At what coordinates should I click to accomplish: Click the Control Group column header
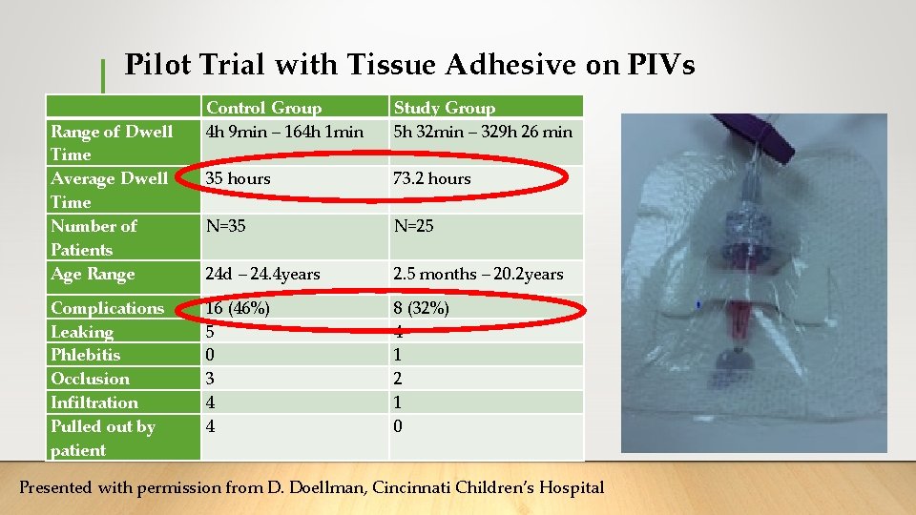click(x=263, y=108)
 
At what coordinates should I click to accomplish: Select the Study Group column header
click(x=444, y=108)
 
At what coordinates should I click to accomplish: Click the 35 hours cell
click(x=238, y=178)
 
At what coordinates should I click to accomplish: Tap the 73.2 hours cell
click(x=431, y=178)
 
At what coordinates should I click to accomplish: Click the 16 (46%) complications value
click(x=238, y=308)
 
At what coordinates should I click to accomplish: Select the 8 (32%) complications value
click(x=421, y=308)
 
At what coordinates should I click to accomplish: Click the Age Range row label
click(x=92, y=274)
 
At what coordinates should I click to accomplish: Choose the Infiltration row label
click(x=94, y=402)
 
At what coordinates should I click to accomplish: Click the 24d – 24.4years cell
click(x=262, y=274)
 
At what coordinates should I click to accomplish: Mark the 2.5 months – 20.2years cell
click(x=478, y=274)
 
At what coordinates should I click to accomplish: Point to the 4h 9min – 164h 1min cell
click(x=284, y=132)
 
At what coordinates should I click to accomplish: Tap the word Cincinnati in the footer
click(x=410, y=487)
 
